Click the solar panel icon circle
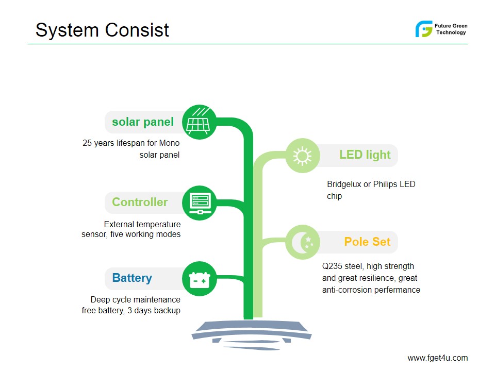199,122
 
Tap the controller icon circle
199,203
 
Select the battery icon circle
199,279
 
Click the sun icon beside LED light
303,156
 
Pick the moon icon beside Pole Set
303,242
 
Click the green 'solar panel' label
143,122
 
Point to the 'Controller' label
140,202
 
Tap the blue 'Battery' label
132,278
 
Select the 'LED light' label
365,155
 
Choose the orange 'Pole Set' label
367,242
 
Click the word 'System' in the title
67,30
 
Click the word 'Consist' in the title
137,30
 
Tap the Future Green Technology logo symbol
424,29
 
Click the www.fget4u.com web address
438,358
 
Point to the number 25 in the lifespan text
87,143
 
